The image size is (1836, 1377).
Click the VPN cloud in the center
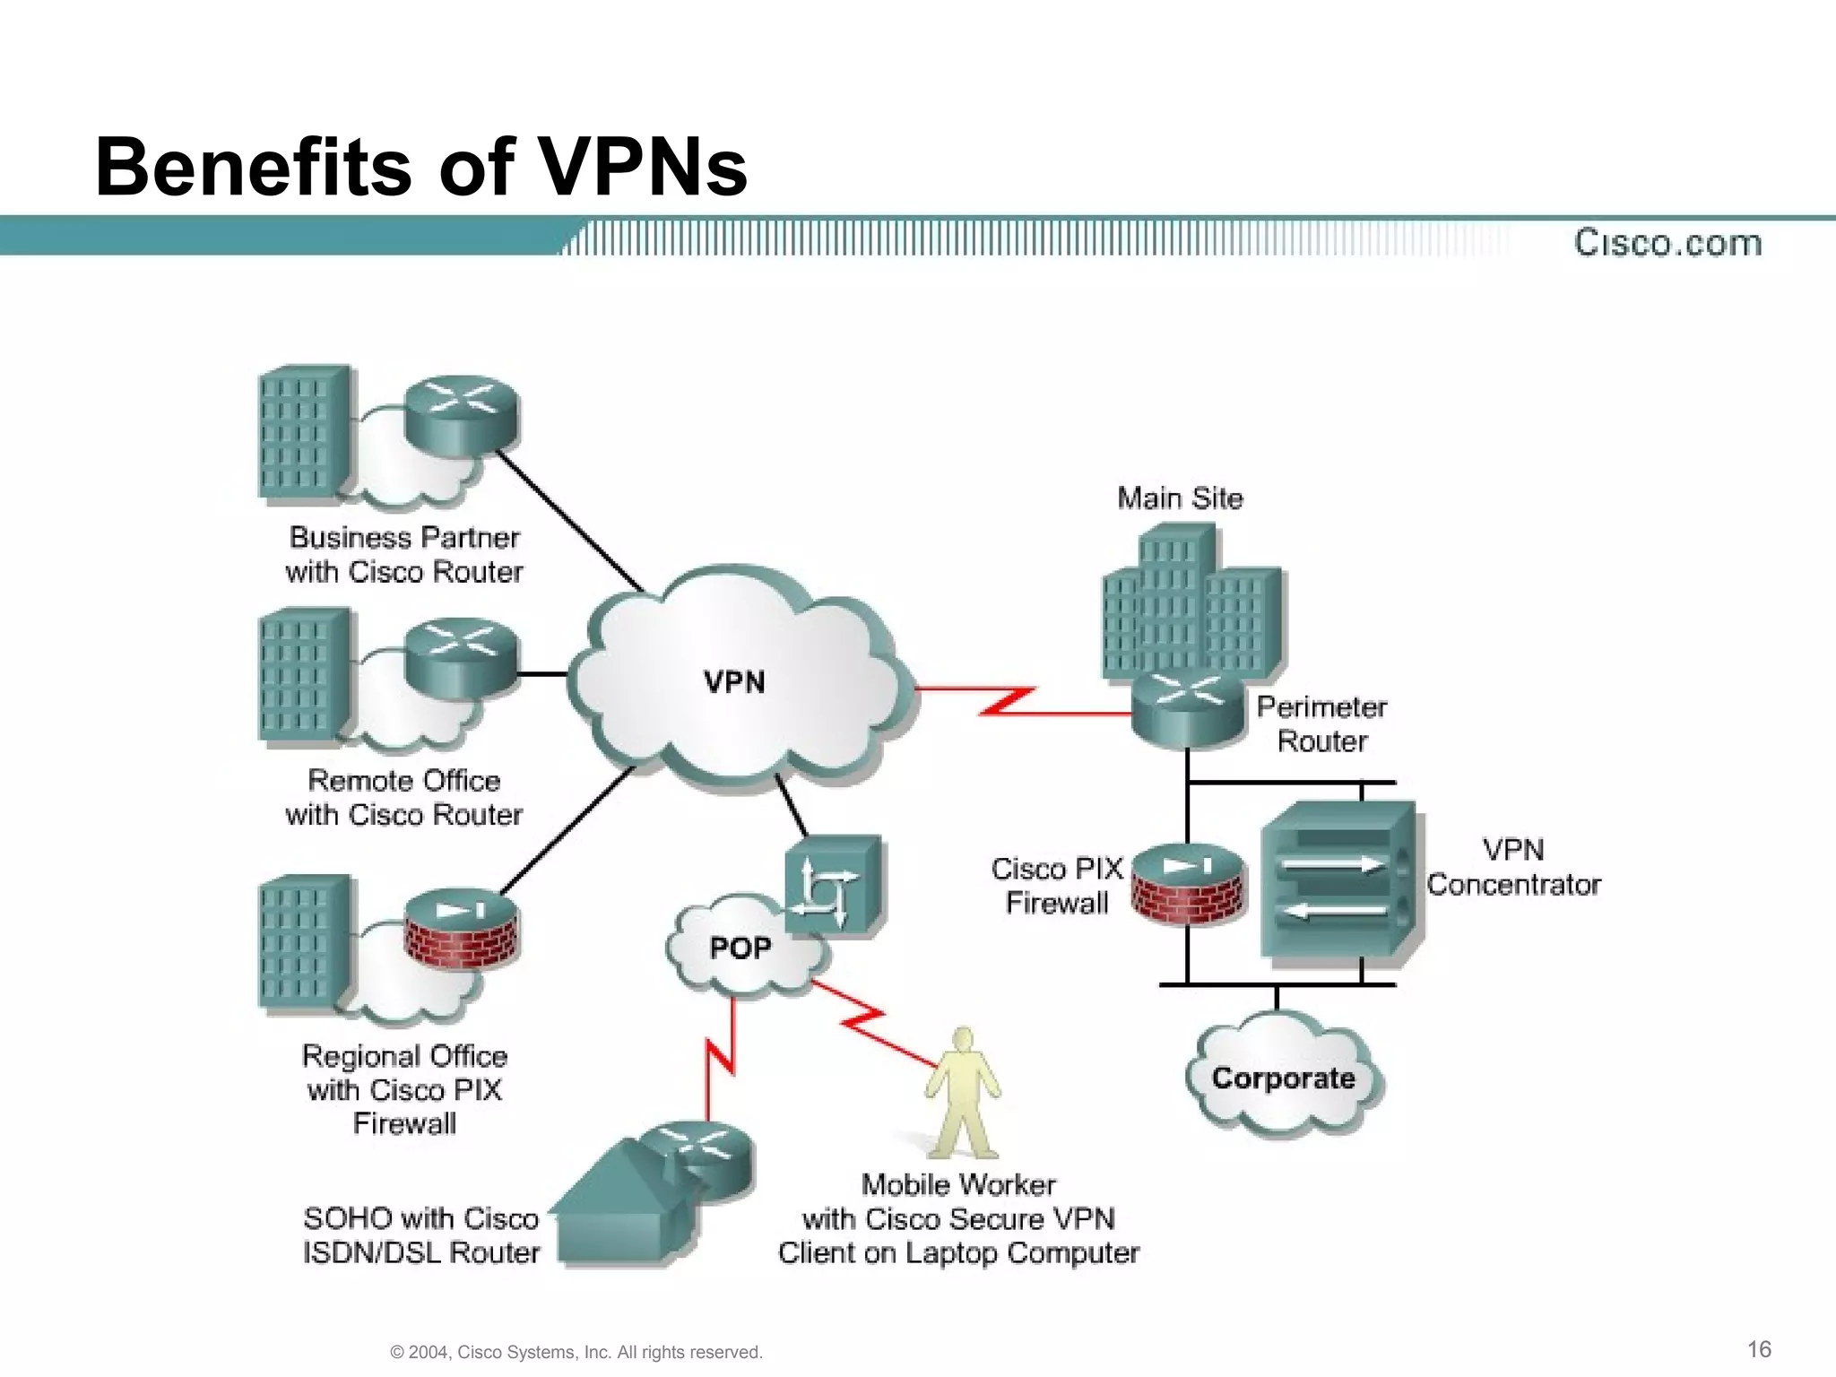coord(735,681)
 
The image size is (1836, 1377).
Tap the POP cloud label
coord(740,948)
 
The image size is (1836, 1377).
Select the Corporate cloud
coord(1283,1077)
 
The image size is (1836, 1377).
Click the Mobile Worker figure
coord(962,1094)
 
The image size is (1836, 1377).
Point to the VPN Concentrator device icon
coord(1339,883)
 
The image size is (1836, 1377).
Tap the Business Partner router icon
coord(462,414)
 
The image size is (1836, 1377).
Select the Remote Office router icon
coord(462,657)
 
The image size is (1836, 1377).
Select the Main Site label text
coord(1180,498)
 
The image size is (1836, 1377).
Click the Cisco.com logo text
coord(1667,243)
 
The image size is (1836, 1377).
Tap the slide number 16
coord(1759,1349)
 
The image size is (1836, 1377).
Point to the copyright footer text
coord(576,1352)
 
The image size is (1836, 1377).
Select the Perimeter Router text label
coord(1321,723)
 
